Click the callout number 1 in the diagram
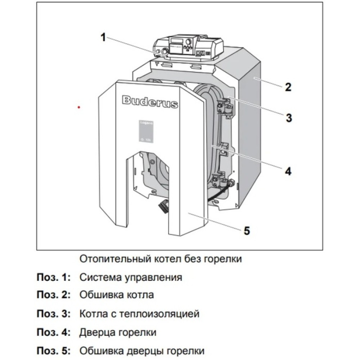103,37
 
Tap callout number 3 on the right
288,118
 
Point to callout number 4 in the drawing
288,171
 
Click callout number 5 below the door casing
247,230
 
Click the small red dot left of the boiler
79,107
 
